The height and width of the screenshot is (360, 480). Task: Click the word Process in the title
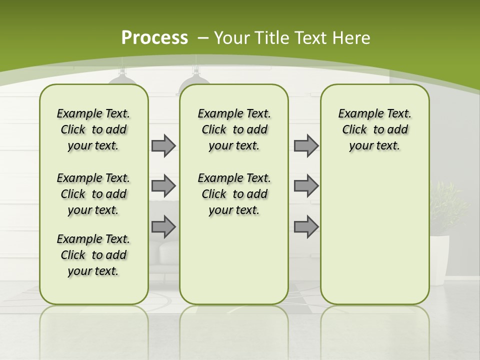pos(154,38)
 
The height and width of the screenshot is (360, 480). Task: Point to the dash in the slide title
pos(203,38)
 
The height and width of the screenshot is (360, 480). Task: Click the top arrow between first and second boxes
pos(163,145)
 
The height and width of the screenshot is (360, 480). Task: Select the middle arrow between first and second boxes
pos(163,186)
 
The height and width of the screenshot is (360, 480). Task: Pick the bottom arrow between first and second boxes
pos(163,226)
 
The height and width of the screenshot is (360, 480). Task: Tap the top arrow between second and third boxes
pos(306,145)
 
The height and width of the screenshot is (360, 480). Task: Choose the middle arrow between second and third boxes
pos(306,186)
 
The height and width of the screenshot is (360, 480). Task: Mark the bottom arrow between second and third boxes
pos(306,226)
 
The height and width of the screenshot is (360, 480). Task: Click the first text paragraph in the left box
pos(93,129)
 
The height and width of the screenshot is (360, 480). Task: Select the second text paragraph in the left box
pos(93,194)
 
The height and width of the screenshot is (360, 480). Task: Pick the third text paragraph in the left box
pos(93,255)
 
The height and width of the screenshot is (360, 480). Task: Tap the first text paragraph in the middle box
pos(234,129)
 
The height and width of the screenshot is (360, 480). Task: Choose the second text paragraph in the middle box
pos(234,194)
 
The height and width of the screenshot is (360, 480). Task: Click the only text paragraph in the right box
pos(374,129)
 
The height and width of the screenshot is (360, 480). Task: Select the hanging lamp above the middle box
pos(192,80)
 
